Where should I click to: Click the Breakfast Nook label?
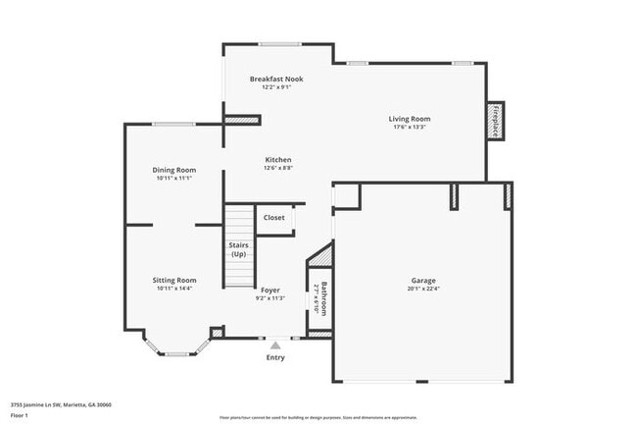(x=276, y=79)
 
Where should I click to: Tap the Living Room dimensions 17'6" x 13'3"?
(x=410, y=127)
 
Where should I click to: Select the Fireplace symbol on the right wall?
(x=499, y=122)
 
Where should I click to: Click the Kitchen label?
(x=278, y=160)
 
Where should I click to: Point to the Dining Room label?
(x=173, y=170)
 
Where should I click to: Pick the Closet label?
(x=274, y=217)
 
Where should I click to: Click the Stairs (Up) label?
(x=238, y=249)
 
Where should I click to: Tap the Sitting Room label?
(x=173, y=280)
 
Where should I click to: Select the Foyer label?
(x=269, y=290)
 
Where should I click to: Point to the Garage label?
(x=423, y=280)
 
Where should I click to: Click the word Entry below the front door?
(x=275, y=357)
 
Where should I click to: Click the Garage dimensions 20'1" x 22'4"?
(x=423, y=289)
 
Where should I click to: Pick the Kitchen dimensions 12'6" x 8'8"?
(x=278, y=168)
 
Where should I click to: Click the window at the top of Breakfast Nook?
(x=279, y=43)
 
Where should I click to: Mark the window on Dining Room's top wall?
(x=173, y=124)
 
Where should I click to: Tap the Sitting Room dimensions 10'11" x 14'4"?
(x=173, y=288)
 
